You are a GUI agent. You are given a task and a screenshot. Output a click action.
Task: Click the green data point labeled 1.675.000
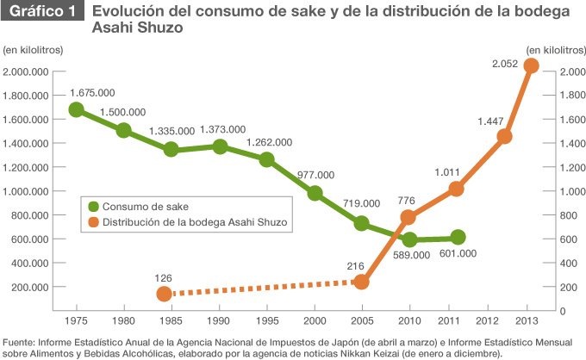[76, 109]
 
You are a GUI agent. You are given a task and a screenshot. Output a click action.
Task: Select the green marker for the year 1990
[220, 146]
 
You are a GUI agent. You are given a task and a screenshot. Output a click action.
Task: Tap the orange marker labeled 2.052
[531, 65]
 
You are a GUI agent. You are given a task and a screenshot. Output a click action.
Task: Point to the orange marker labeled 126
[164, 294]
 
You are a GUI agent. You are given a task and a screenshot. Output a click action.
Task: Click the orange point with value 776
[408, 217]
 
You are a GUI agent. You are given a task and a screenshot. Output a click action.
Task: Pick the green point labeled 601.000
[458, 237]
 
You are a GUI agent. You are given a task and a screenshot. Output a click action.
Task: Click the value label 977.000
[315, 175]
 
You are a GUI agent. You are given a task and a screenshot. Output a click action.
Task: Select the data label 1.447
[490, 121]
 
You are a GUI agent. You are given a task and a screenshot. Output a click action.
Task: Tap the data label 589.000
[411, 255]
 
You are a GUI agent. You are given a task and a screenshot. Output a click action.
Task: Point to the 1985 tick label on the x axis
[171, 320]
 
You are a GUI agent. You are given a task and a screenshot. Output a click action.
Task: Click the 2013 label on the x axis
[527, 320]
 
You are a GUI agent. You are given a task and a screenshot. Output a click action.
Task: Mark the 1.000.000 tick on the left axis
[26, 191]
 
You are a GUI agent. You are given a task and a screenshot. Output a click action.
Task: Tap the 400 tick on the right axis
[568, 264]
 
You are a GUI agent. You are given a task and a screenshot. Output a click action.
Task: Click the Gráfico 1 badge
[42, 11]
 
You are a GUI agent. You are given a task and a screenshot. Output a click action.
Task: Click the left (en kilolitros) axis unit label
[33, 50]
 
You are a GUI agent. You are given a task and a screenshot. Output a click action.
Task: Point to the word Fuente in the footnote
[18, 343]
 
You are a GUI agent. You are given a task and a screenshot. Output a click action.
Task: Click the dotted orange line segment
[263, 288]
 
